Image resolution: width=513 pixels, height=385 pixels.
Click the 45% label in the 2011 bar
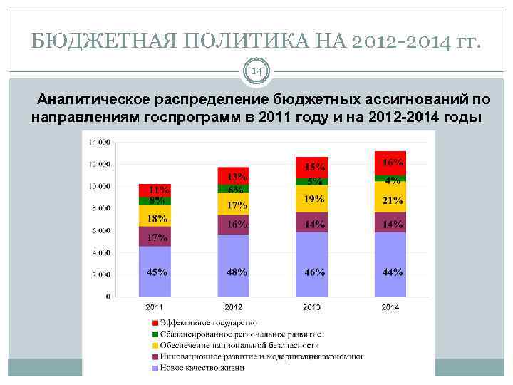157,272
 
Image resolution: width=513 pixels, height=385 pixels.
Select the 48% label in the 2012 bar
236,272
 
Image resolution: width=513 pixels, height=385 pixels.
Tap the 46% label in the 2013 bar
314,272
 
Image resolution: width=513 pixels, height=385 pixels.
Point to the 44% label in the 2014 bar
392,272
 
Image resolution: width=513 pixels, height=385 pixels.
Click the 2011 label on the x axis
155,307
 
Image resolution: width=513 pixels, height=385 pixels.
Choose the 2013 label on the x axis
311,307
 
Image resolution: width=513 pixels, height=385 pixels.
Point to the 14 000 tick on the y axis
99,142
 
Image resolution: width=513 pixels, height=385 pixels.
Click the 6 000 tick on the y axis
100,230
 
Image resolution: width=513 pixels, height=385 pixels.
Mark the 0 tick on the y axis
108,296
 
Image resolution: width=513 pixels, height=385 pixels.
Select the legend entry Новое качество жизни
192,368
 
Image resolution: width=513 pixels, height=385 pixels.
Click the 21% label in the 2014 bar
392,201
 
